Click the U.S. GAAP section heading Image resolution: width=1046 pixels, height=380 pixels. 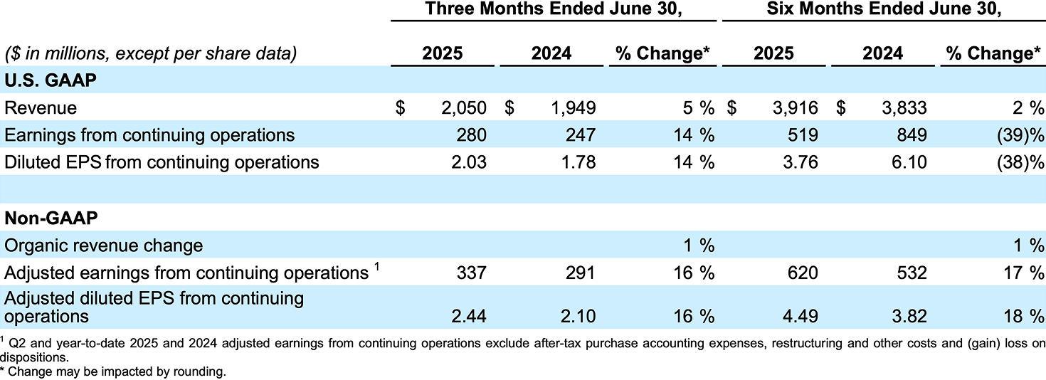(51, 80)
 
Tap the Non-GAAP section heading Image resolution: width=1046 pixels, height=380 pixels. (51, 217)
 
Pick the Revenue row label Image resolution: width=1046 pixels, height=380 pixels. (41, 107)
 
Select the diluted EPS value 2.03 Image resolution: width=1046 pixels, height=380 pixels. (468, 162)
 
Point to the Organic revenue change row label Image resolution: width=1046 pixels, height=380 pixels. (104, 246)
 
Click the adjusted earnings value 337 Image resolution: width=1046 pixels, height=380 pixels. (472, 273)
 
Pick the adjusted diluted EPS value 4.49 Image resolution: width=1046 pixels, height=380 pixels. (800, 316)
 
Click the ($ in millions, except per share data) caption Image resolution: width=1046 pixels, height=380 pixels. (151, 53)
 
